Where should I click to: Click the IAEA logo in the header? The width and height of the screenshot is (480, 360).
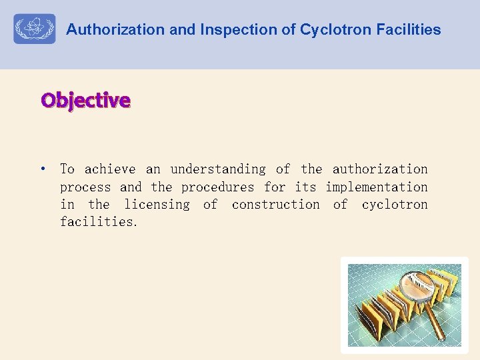[35, 29]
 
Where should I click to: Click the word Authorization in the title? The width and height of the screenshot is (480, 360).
[106, 29]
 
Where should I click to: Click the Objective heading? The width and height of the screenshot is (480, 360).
[85, 100]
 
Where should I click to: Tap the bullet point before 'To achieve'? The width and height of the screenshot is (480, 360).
[43, 169]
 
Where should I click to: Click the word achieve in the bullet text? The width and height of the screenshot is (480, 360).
[110, 169]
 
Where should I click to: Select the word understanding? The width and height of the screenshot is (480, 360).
[218, 170]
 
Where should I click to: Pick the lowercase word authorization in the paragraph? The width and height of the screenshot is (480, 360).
[380, 169]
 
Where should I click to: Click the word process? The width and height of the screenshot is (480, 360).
[87, 187]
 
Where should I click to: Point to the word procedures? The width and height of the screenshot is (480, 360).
[217, 187]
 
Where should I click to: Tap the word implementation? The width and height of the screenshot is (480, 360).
[377, 187]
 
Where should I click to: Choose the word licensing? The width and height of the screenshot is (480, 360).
[157, 205]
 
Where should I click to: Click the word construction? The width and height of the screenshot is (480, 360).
[275, 205]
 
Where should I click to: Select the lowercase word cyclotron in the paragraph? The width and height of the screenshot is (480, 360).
[395, 205]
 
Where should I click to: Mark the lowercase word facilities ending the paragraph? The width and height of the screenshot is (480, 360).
[98, 222]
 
